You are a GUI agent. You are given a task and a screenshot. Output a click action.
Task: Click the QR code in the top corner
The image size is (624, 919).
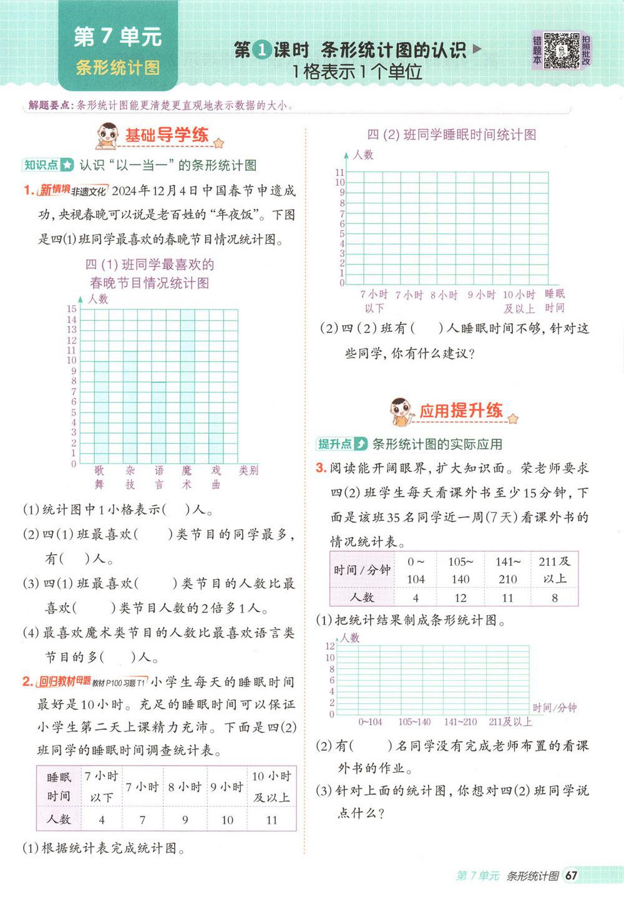coord(561,50)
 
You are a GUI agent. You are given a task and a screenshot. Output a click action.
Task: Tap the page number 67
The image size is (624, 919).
coord(571,875)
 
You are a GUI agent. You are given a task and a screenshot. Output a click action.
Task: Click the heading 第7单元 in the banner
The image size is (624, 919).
coord(117,37)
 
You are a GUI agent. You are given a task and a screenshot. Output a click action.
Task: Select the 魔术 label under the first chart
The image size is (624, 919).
coord(187,477)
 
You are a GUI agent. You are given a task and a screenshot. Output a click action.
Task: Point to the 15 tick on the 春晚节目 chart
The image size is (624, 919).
coord(72,309)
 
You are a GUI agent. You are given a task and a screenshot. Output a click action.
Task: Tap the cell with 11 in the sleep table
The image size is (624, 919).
coord(271,820)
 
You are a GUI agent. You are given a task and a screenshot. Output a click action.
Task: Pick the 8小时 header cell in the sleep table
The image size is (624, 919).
coord(185,787)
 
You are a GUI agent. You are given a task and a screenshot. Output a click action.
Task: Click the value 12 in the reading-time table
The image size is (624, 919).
coord(461,598)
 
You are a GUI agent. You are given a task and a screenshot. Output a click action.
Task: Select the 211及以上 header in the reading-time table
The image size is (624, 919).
coord(554,570)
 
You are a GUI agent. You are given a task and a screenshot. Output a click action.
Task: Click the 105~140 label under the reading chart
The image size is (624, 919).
coord(414,722)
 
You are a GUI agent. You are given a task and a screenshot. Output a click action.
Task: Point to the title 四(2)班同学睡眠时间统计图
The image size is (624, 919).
coord(451,135)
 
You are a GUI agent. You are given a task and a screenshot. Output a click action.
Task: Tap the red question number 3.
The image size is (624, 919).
coord(321,468)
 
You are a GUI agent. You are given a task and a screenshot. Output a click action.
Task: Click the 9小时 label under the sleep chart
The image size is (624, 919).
coord(481,295)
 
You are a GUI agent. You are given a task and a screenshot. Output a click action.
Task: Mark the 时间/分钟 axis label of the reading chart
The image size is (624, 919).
coord(555,707)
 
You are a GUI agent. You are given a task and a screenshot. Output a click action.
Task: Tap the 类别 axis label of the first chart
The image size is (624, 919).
coord(248,470)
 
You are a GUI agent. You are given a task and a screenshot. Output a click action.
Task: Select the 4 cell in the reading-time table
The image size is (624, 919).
coord(416,598)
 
